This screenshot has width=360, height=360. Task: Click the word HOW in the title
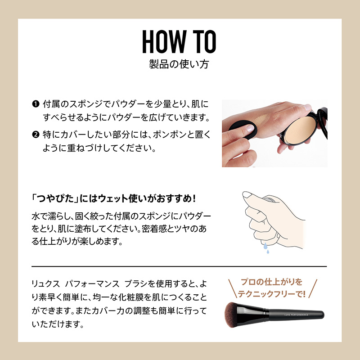pos(164,41)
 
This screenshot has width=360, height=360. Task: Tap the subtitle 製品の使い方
pos(179,64)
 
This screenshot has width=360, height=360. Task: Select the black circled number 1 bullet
pos(36,104)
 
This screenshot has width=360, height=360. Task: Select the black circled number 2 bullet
pos(36,135)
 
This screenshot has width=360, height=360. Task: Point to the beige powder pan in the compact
pos(300,130)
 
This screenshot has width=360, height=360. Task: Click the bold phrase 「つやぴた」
pos(55,198)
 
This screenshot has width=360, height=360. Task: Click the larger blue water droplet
pos(265,246)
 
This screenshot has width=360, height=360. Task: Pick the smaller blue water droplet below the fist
pos(268,252)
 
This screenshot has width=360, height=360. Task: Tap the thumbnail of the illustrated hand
pos(247,195)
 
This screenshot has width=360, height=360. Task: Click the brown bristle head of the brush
pos(232,314)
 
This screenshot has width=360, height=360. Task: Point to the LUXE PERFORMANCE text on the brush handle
pos(296,315)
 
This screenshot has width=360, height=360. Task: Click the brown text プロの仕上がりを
pos(272,282)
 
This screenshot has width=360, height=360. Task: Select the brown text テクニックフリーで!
pos(272,294)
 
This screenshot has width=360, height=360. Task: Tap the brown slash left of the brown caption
pos(232,288)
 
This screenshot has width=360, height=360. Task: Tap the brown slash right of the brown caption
pos(313,288)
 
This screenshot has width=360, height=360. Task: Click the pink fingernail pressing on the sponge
pos(250,128)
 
